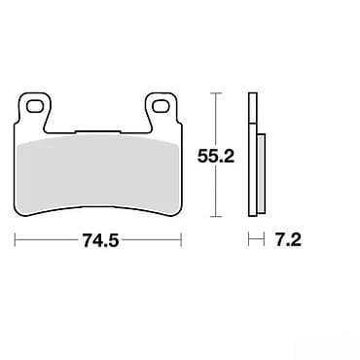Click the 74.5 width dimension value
tap(101, 240)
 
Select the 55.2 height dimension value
tap(216, 158)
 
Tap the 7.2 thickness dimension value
tap(288, 240)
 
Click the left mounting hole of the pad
tap(34, 106)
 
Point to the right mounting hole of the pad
tap(162, 106)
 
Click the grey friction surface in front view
tap(99, 174)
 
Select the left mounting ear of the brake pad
tap(34, 109)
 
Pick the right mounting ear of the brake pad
tap(162, 109)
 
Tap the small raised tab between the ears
tap(97, 131)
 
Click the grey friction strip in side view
tap(261, 173)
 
